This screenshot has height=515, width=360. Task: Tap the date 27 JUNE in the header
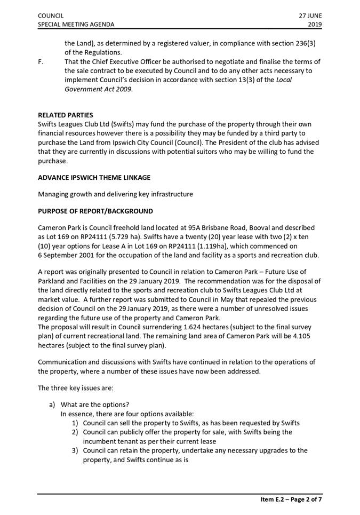(x=310, y=16)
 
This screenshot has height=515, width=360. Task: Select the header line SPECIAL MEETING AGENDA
(x=75, y=25)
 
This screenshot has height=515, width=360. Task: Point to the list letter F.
(x=41, y=62)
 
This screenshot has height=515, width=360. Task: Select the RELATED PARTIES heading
(x=65, y=115)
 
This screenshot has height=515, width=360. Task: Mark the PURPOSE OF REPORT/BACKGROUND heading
(x=95, y=211)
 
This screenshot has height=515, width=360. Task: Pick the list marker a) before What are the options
(x=53, y=404)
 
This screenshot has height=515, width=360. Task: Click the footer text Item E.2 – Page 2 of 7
(x=291, y=500)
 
